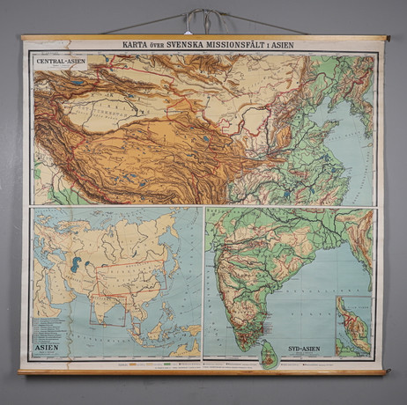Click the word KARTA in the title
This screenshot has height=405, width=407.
(118, 43)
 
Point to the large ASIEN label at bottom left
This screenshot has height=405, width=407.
(47, 347)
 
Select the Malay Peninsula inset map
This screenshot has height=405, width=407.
(352, 326)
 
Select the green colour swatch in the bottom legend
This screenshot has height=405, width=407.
(167, 362)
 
